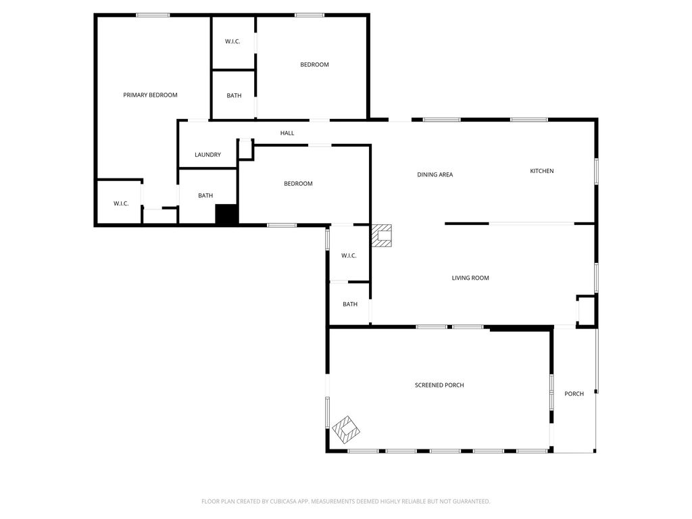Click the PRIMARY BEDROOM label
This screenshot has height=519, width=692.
click(x=150, y=95)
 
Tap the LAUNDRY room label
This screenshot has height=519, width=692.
click(x=208, y=155)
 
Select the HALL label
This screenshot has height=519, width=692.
click(x=287, y=133)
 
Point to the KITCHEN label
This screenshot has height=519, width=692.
click(x=541, y=171)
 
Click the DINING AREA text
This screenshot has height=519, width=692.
click(x=435, y=174)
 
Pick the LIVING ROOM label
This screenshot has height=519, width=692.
click(x=470, y=278)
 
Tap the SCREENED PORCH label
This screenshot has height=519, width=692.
click(x=439, y=385)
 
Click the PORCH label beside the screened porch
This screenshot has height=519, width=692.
click(x=574, y=394)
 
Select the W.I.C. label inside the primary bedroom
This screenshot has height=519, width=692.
click(x=121, y=203)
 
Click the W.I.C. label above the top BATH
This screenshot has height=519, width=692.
click(x=232, y=41)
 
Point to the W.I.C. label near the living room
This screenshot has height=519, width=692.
click(x=349, y=255)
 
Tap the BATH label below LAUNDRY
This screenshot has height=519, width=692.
click(x=205, y=195)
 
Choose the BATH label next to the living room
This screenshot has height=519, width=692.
click(x=350, y=304)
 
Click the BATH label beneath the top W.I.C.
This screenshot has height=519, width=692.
click(x=234, y=95)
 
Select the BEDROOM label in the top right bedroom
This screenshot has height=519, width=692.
click(x=314, y=64)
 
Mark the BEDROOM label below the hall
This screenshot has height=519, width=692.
click(x=298, y=184)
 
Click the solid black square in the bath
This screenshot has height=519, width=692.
click(x=227, y=215)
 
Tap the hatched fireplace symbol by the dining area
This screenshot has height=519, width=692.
click(x=381, y=235)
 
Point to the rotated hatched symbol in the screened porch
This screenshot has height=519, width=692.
click(x=346, y=429)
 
